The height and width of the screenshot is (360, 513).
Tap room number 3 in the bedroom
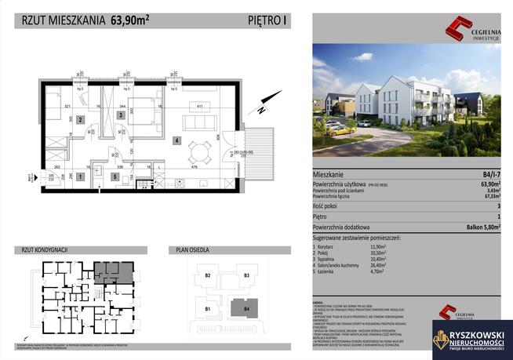pyautogui.click(x=120, y=115)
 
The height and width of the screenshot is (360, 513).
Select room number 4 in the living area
pyautogui.click(x=177, y=141)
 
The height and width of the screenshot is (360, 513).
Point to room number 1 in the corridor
pyautogui.click(x=79, y=178)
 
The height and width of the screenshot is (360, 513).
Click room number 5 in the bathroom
pyautogui.click(x=115, y=177)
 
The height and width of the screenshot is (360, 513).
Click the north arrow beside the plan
pyautogui.click(x=270, y=100)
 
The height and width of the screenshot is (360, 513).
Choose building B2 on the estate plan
pyautogui.click(x=209, y=276)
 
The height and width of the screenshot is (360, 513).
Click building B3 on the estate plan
pyautogui.click(x=246, y=276)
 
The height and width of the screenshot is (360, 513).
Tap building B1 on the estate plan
pyautogui.click(x=209, y=309)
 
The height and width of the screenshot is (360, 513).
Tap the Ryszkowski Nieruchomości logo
pyautogui.click(x=471, y=339)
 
